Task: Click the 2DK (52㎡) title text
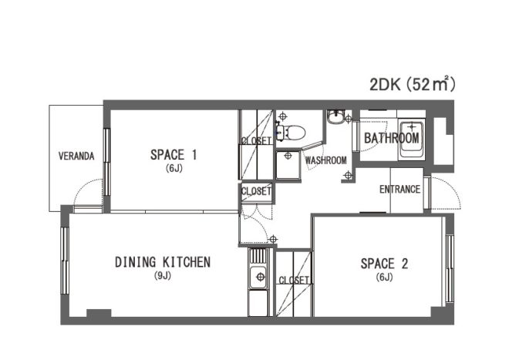[413, 84]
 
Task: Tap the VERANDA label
[76, 156]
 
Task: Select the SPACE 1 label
[174, 155]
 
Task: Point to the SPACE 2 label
[384, 264]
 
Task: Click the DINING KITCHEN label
[163, 262]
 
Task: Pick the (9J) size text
[162, 276]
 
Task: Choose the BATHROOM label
[392, 138]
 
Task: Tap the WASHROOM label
[326, 160]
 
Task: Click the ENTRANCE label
[400, 190]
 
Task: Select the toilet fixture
[291, 133]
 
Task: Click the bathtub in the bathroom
[412, 140]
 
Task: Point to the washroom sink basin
[336, 117]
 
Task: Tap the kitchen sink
[258, 277]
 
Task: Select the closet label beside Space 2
[294, 280]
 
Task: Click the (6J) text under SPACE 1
[174, 169]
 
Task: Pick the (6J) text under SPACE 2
[384, 278]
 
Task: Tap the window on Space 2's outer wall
[450, 269]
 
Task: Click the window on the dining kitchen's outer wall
[65, 261]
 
